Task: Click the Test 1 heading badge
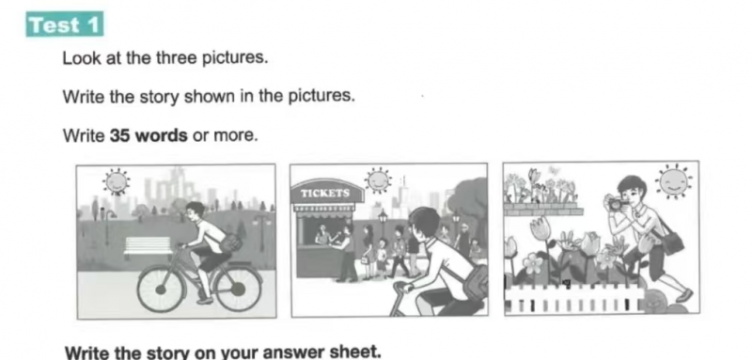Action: (64, 24)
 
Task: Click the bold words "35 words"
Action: (149, 135)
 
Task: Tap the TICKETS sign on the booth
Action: (325, 194)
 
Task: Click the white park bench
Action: (148, 246)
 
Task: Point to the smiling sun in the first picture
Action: (116, 181)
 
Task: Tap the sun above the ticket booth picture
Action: (378, 180)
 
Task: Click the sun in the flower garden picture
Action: (673, 181)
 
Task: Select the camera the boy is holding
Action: (617, 204)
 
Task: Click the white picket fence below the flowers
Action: (574, 299)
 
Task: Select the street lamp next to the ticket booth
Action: (383, 226)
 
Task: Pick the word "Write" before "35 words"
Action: (84, 135)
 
